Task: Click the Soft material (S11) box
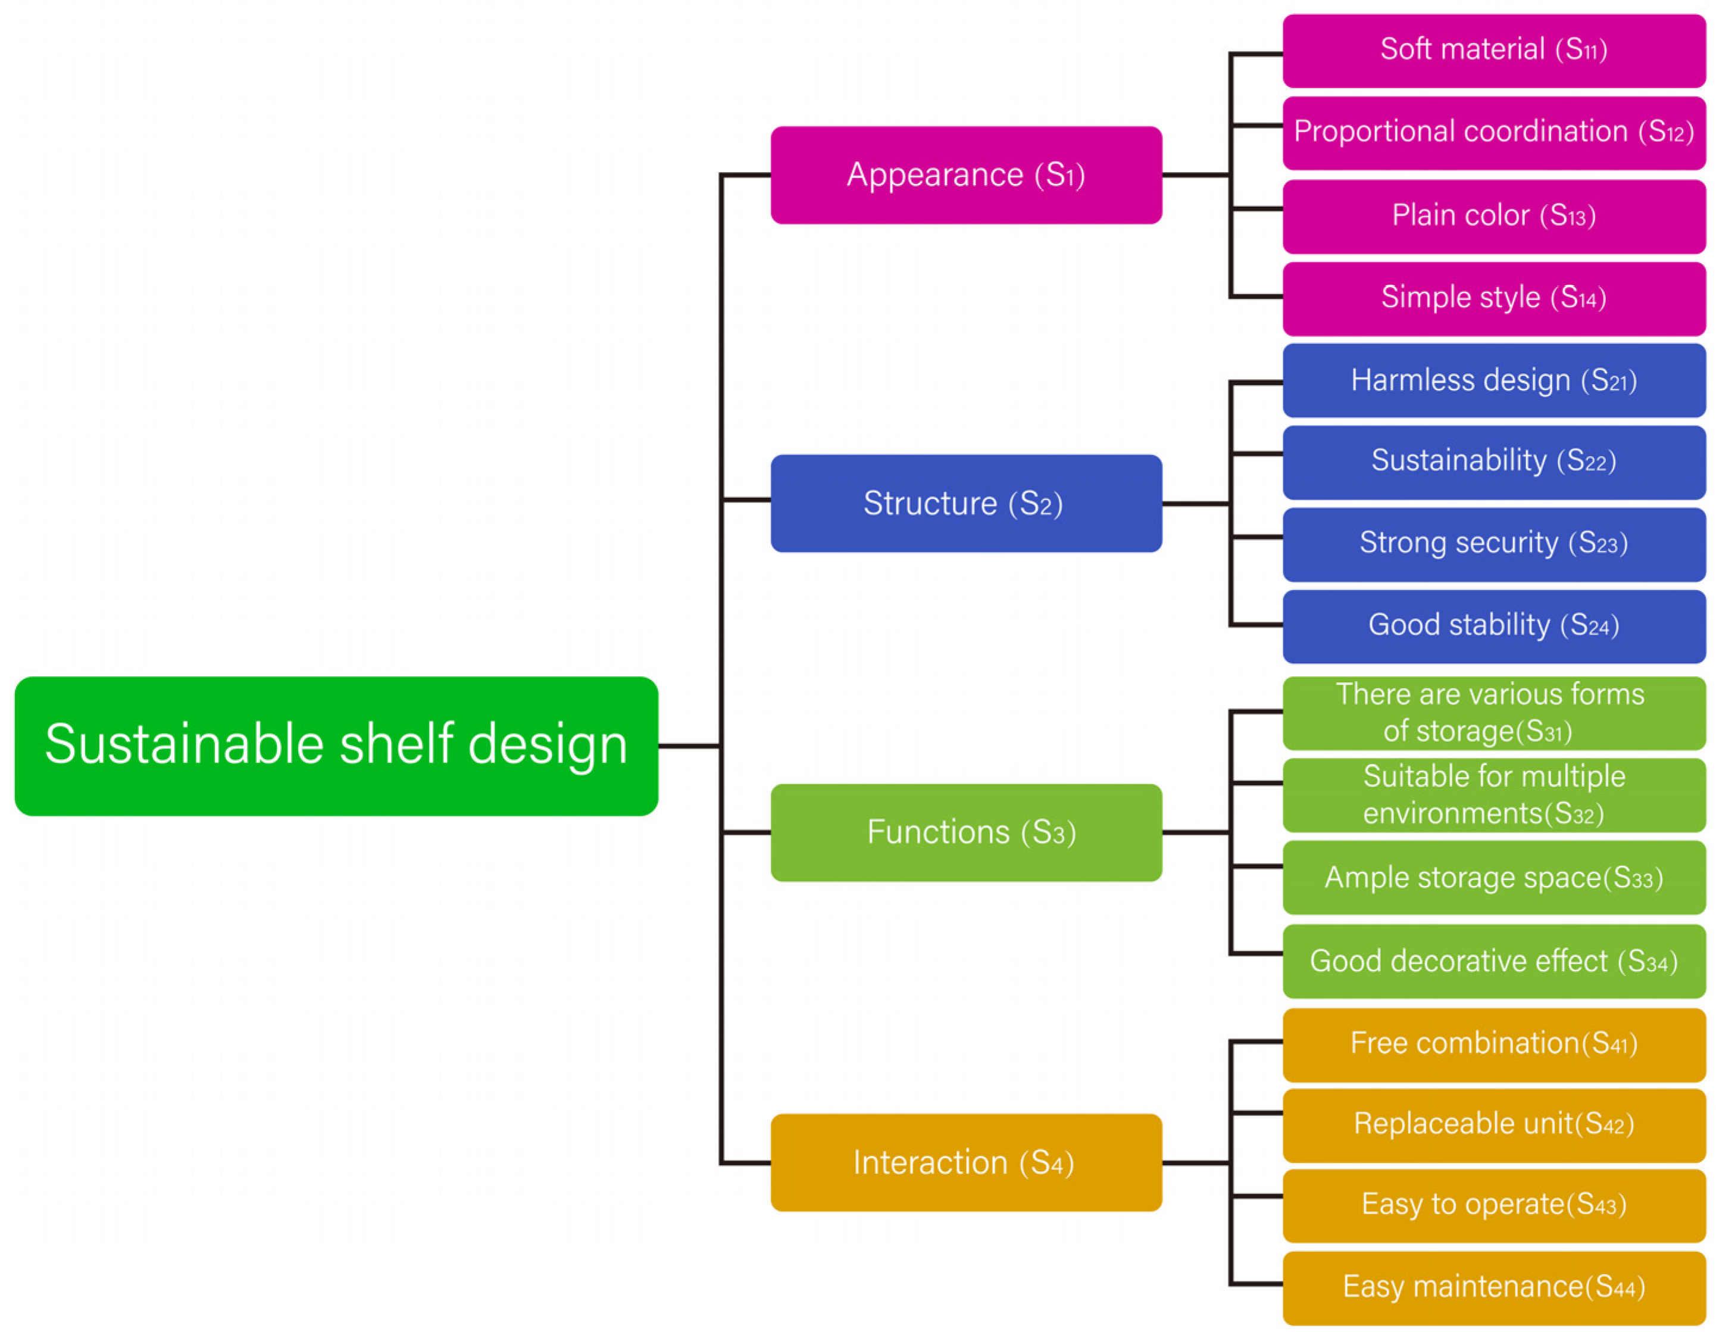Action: [x=1493, y=50]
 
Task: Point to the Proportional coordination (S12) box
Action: [x=1493, y=132]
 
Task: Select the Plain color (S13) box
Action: [x=1493, y=216]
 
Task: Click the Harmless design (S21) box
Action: [x=1493, y=380]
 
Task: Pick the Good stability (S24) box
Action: [x=1493, y=626]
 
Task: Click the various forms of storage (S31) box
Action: [x=1493, y=713]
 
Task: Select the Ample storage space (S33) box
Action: [x=1493, y=878]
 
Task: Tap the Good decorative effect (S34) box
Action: [x=1493, y=961]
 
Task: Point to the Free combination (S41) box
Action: [x=1493, y=1044]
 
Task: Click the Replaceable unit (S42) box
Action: [x=1493, y=1125]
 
